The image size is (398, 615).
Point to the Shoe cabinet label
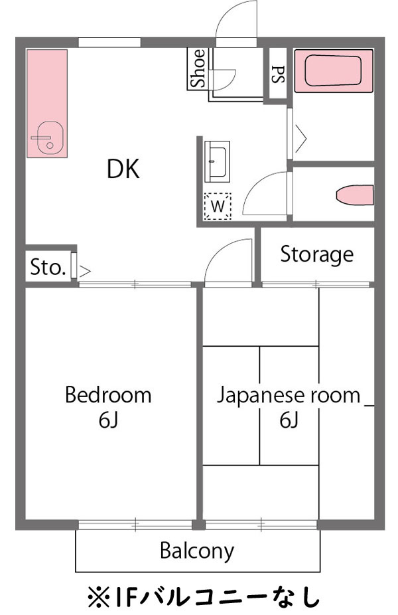[x=198, y=69]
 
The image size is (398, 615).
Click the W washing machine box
[x=218, y=207]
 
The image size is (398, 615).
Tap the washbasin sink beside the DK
[x=217, y=161]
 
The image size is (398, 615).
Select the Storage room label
[x=316, y=254]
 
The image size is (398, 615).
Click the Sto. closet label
[x=48, y=267]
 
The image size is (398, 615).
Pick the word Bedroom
[x=107, y=396]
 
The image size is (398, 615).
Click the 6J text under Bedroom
[x=107, y=420]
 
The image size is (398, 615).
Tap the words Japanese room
[x=289, y=396]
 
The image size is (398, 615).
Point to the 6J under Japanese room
[x=289, y=420]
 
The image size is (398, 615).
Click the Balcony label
[x=197, y=551]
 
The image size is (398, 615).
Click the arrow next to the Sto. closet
[x=85, y=270]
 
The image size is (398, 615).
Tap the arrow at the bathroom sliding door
[x=300, y=137]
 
